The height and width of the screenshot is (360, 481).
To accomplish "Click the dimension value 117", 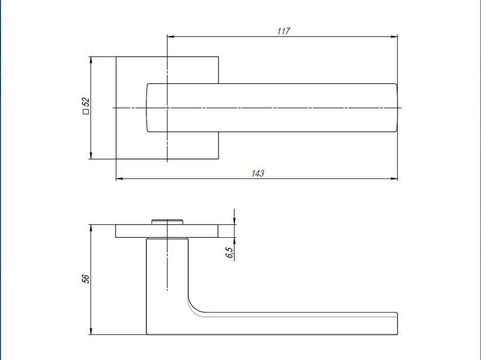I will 283,31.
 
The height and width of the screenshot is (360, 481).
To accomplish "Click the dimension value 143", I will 258,173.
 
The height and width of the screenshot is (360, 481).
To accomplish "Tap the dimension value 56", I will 86,279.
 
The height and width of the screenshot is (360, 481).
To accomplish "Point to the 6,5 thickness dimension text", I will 229,252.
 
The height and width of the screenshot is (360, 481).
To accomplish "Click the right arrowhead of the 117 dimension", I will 395,36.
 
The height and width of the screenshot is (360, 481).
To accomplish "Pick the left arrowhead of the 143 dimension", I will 119,178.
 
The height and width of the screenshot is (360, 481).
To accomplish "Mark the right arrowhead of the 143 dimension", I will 395,178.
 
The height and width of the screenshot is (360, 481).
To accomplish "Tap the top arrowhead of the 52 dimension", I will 91,60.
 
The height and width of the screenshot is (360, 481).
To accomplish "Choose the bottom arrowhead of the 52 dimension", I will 91,156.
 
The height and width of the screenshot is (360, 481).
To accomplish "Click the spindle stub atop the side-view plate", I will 167,221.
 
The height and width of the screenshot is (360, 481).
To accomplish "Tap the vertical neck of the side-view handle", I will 167,271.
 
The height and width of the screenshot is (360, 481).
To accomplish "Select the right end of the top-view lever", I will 395,108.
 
